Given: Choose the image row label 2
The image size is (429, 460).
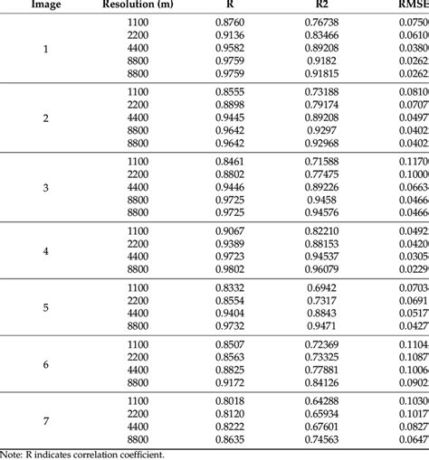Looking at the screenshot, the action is (47, 118).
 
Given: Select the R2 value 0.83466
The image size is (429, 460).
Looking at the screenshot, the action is (321, 36).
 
